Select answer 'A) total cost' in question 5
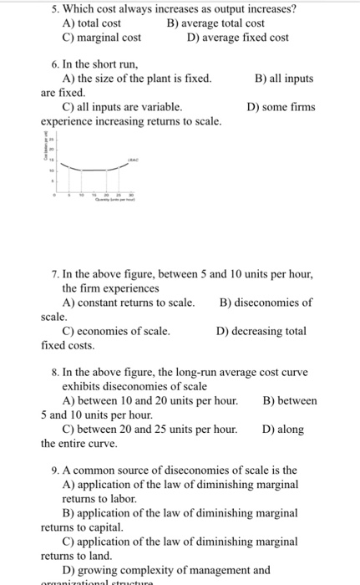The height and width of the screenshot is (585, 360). (92, 23)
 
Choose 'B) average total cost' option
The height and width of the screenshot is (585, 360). (215, 23)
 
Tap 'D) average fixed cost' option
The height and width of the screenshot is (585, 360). (238, 38)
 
